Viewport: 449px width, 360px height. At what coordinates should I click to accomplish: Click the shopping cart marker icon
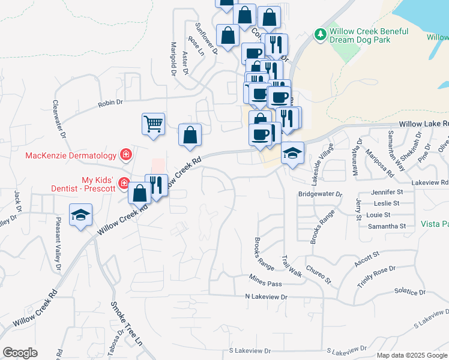(154, 124)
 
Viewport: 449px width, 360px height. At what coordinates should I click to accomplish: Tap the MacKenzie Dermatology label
(70, 156)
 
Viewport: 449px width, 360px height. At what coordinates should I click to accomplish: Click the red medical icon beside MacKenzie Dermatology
(126, 156)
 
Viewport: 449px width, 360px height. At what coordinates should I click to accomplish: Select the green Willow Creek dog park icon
(321, 35)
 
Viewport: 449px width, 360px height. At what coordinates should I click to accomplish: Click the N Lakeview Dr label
(267, 297)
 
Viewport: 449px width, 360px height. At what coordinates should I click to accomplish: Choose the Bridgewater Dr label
(320, 194)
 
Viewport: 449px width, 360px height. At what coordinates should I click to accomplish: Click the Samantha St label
(387, 226)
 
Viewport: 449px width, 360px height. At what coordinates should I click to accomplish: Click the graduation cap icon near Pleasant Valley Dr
(80, 215)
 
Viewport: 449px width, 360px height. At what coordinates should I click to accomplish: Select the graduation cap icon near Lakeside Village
(292, 153)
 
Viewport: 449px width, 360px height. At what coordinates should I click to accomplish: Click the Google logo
(20, 353)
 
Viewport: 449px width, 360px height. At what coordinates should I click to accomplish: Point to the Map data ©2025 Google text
(412, 355)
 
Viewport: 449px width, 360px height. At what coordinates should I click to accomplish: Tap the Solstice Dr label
(410, 292)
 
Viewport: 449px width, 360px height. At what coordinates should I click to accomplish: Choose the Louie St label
(378, 215)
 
